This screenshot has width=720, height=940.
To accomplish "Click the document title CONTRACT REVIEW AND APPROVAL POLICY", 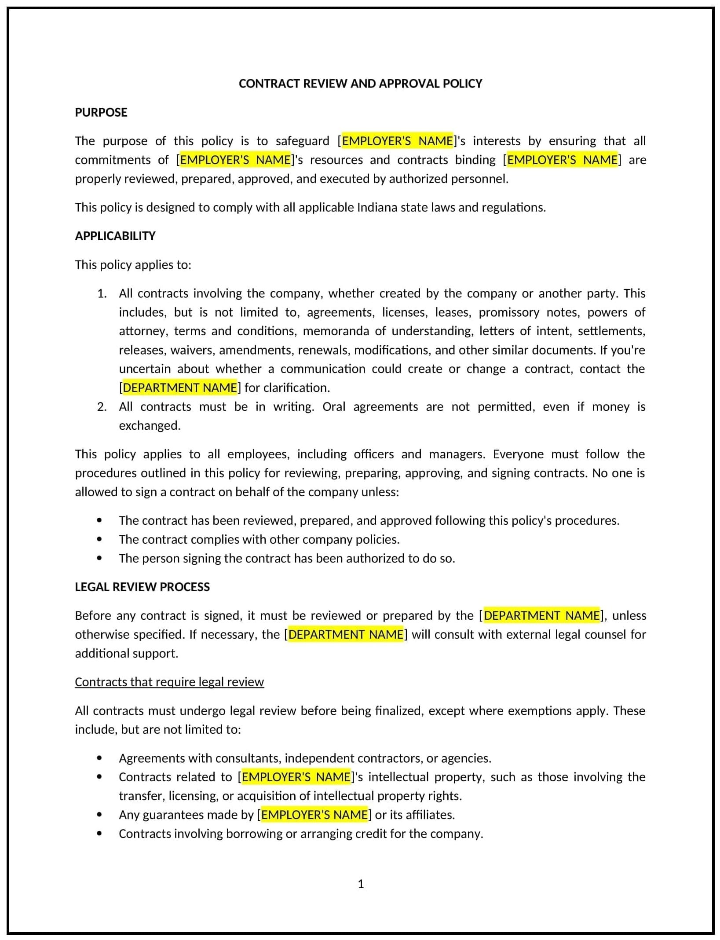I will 360,84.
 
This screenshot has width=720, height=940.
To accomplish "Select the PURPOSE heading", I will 101,113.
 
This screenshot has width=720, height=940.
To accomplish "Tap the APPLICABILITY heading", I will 115,236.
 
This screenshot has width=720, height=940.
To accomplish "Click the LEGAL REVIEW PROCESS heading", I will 142,587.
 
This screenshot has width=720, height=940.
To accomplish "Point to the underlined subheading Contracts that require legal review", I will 169,682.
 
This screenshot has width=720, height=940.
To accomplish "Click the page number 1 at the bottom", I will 361,884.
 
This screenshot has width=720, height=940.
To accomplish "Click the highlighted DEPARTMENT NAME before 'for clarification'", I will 180,388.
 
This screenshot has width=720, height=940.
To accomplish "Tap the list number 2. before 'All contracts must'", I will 102,407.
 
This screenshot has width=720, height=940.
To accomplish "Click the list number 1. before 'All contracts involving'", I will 102,294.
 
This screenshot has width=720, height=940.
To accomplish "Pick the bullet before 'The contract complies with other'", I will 99,540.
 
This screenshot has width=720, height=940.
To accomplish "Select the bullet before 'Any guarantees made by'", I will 99,815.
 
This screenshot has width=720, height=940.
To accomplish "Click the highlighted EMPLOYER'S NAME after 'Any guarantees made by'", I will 314,815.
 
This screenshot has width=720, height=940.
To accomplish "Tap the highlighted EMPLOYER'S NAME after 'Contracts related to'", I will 296,777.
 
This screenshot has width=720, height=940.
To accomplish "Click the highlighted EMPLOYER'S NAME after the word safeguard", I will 397,141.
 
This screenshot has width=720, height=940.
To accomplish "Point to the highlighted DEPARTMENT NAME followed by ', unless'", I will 541,616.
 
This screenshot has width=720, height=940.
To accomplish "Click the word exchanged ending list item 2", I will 149,426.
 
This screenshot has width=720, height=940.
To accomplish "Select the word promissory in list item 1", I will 509,313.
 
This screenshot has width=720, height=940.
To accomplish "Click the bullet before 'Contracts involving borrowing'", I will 99,834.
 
